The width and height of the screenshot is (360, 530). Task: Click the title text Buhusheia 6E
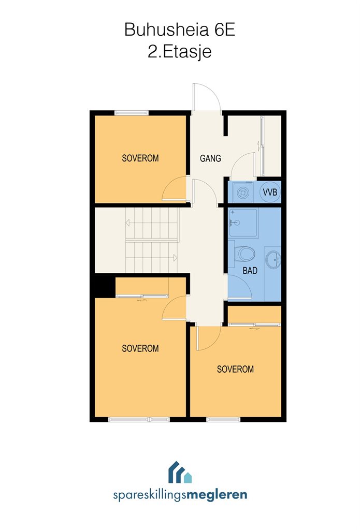(180, 30)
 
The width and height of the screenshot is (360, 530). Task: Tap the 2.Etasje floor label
(180, 52)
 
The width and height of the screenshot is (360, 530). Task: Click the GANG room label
(210, 158)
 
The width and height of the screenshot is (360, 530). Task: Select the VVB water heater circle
(270, 192)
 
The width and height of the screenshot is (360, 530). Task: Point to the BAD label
(250, 270)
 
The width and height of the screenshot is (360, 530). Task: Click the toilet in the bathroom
(244, 254)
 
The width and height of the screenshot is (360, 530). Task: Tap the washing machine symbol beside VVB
(242, 193)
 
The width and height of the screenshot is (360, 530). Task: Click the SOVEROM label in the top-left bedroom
(140, 158)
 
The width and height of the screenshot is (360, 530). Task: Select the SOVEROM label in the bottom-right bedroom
(236, 369)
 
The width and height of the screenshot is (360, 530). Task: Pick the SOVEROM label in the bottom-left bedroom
(140, 348)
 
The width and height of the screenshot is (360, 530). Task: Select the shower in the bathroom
(243, 223)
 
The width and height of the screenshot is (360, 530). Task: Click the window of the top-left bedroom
(132, 113)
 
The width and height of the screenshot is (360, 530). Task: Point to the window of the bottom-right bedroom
(223, 419)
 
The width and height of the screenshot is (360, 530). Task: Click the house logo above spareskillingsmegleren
(180, 472)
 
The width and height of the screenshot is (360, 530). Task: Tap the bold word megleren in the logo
(217, 495)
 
